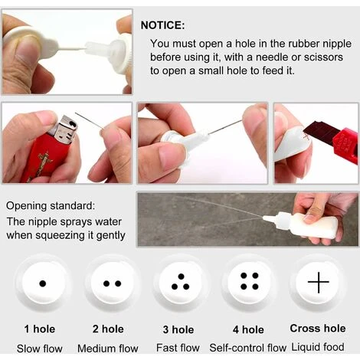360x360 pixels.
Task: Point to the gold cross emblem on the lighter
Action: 44,163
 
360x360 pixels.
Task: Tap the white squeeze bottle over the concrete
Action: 304,224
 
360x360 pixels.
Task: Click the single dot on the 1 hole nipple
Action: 43,283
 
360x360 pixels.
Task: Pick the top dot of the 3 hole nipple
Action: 181,277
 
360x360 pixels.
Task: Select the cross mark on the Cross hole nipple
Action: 319,282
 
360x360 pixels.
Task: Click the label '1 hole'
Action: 40,329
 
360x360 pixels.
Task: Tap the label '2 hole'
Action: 108,329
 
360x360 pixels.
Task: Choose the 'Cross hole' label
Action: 318,329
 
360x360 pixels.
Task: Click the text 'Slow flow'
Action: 40,349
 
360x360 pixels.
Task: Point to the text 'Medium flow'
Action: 108,349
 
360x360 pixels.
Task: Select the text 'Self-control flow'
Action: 247,348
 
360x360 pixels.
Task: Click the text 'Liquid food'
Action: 318,347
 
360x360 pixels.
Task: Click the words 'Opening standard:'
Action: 51,206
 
